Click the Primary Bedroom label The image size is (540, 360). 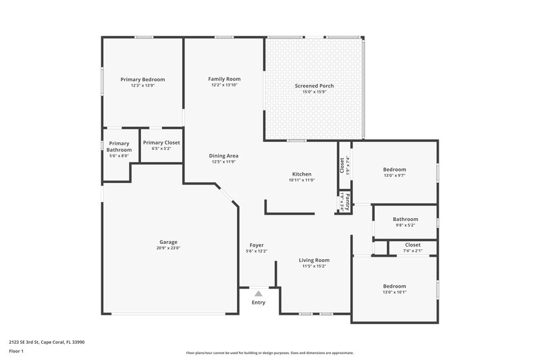pos(142,80)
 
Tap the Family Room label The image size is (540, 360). pos(225,79)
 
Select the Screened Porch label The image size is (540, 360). pos(314,86)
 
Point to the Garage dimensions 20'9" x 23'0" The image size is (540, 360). pos(169,248)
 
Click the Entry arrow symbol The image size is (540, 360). pos(259,293)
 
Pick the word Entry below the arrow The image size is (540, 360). pos(259,302)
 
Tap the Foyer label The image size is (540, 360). pos(256,245)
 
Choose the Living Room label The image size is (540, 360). pos(314,260)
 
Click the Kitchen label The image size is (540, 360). pos(302,174)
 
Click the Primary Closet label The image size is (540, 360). pos(161,143)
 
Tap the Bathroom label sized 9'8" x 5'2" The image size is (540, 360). pos(406,219)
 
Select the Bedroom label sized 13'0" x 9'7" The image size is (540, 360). pos(395,170)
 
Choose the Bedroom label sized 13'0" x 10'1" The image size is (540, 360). pos(395,286)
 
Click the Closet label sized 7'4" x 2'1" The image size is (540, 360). pos(412,245)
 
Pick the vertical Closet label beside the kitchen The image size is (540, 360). pos(344,164)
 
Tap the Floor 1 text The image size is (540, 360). pos(16,351)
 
